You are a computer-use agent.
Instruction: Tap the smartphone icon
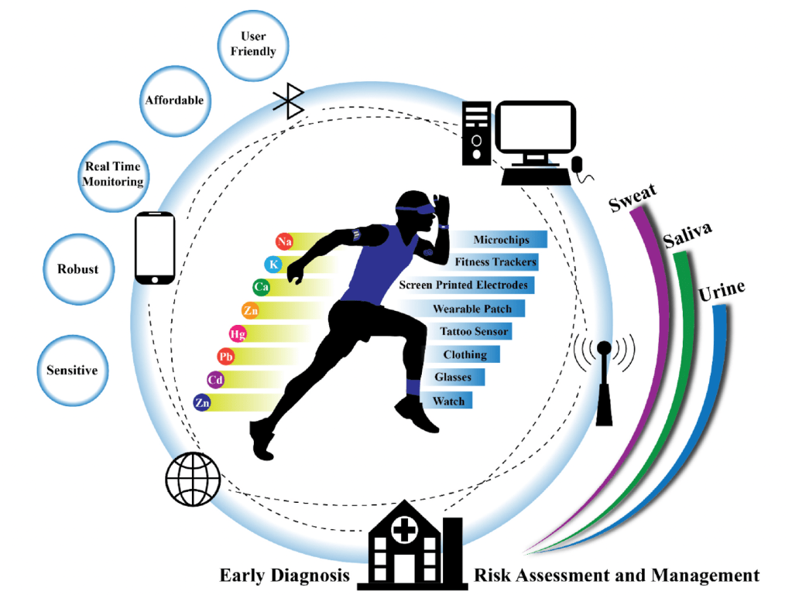155,248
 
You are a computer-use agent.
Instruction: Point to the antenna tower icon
605,378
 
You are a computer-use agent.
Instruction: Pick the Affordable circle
174,100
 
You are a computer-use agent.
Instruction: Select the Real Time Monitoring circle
115,175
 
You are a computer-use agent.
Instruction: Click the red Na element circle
285,242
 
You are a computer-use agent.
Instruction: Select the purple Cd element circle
215,380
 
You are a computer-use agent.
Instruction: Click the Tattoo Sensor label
474,331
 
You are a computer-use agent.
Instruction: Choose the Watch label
448,401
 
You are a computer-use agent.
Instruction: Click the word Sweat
633,196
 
